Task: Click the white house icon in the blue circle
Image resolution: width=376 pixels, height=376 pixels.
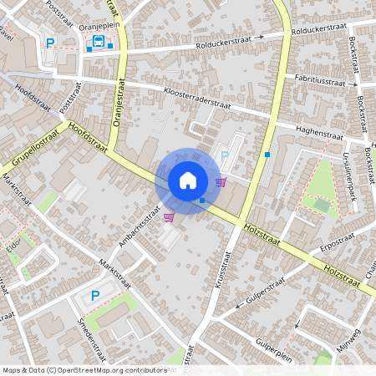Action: [x=188, y=180]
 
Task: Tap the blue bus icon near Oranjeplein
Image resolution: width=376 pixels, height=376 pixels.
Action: [x=99, y=43]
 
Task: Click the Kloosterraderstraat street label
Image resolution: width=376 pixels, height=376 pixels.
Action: [x=197, y=99]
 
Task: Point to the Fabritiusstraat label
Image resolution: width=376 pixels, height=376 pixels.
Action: [x=320, y=79]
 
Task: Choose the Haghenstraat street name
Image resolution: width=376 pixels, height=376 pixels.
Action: [x=321, y=133]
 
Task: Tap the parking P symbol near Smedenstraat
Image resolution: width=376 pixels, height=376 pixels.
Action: [x=94, y=296]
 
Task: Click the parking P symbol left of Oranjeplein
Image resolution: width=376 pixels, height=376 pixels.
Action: [x=50, y=43]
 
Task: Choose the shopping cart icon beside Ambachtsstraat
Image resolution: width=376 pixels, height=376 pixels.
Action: [x=169, y=217]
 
